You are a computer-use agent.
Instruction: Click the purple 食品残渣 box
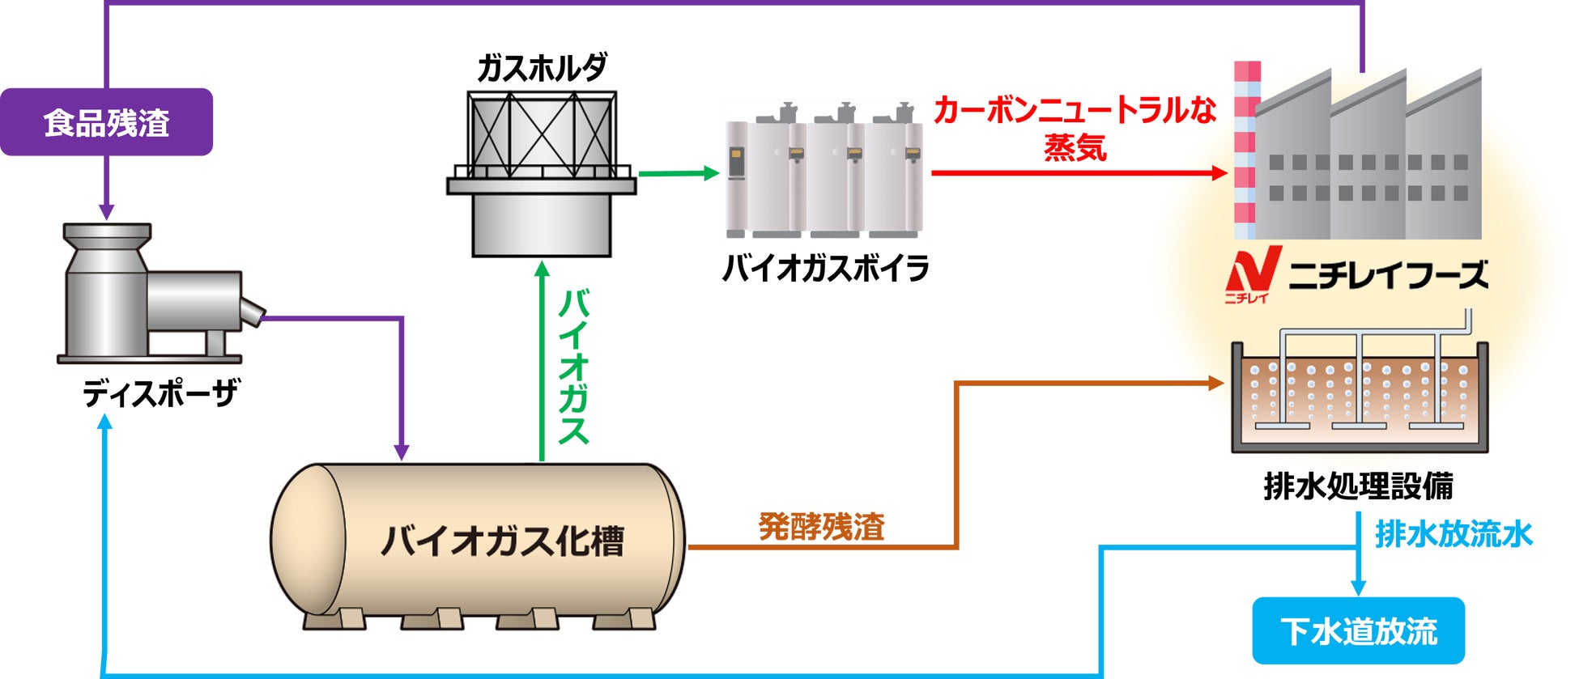click(106, 122)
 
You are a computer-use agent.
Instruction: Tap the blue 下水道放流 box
click(1358, 630)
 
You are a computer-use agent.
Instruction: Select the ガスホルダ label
click(541, 67)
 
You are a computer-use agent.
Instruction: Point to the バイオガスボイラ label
click(825, 268)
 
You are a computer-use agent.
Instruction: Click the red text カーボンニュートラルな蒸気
click(1075, 128)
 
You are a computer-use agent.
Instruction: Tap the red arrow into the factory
click(1077, 172)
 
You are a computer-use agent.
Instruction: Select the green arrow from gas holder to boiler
click(678, 172)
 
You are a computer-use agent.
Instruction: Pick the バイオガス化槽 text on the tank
click(503, 541)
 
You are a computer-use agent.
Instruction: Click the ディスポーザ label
click(160, 394)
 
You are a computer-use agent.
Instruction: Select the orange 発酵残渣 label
click(821, 526)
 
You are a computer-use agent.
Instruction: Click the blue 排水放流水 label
click(1453, 534)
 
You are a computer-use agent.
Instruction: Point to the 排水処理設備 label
click(1358, 486)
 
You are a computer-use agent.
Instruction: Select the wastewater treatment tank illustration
click(1359, 397)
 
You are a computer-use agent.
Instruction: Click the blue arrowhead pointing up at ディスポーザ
click(104, 424)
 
